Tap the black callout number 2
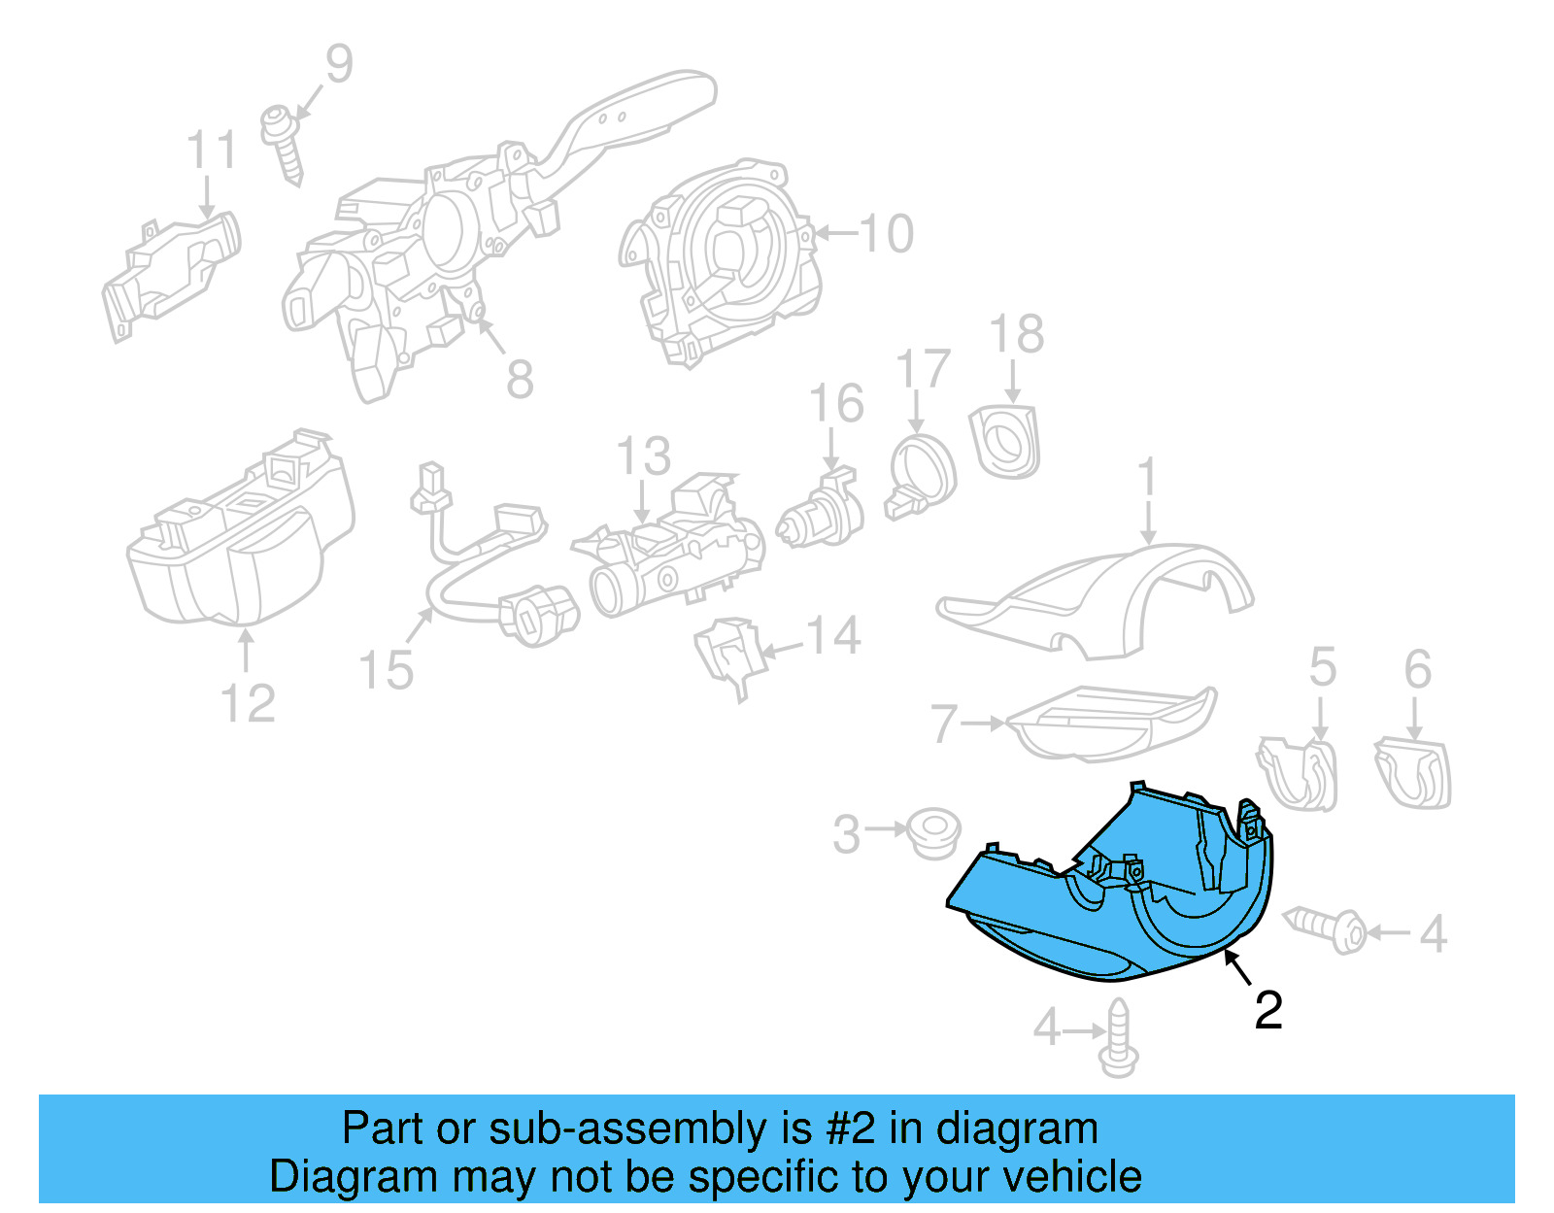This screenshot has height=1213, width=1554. pos(1268,1011)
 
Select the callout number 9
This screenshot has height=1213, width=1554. pos(338,64)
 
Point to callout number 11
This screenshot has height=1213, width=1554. pos(211,152)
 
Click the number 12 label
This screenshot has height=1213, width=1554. pos(248,703)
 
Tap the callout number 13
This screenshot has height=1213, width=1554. pos(643,456)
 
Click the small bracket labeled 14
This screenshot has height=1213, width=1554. pos(726,652)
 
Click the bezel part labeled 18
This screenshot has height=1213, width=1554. pos(1006,442)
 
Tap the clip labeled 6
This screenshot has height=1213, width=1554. pos(1413,772)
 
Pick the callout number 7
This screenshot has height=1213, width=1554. pos(943,724)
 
